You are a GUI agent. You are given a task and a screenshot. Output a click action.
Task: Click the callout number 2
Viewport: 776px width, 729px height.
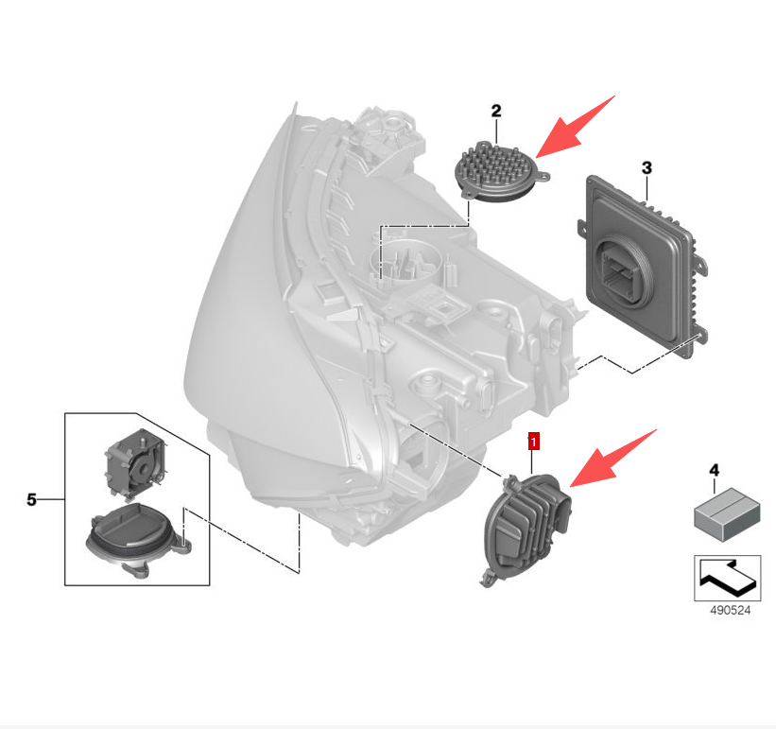pyautogui.click(x=496, y=111)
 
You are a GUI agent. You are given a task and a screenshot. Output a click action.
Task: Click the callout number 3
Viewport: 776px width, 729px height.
pyautogui.click(x=647, y=168)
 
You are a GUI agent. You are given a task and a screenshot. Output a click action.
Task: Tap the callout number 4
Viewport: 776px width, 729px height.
pyautogui.click(x=714, y=470)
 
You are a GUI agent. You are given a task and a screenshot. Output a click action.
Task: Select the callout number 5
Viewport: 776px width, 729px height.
pyautogui.click(x=32, y=499)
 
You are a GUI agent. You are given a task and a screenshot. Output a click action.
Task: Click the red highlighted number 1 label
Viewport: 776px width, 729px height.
pyautogui.click(x=533, y=441)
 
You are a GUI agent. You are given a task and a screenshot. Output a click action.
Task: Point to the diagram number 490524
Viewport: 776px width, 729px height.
pyautogui.click(x=730, y=610)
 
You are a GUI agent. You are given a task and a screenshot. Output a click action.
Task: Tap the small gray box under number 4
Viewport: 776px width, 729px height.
pyautogui.click(x=727, y=514)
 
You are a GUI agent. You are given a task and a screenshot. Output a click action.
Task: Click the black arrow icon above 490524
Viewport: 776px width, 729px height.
pyautogui.click(x=728, y=578)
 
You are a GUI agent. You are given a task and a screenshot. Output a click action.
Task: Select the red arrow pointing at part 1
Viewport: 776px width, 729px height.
pyautogui.click(x=613, y=459)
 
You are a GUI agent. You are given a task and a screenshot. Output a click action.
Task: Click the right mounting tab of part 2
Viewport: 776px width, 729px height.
pyautogui.click(x=543, y=176)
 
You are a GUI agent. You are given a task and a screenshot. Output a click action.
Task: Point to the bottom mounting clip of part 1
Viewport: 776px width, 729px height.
pyautogui.click(x=488, y=579)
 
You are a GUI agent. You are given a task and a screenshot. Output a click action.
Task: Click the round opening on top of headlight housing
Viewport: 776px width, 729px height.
pyautogui.click(x=404, y=260)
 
